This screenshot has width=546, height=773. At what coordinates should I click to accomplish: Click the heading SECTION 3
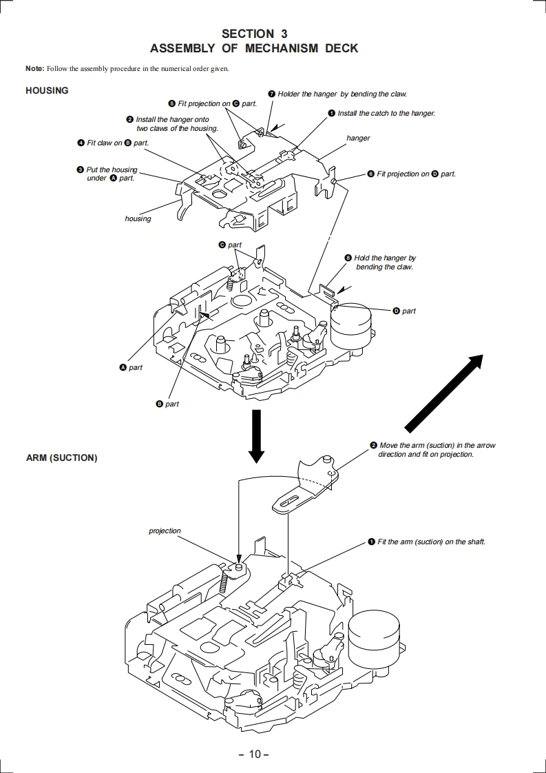click(254, 33)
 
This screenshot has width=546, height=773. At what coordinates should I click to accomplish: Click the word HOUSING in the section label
click(47, 90)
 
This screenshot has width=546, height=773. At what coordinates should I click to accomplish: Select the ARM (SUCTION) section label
click(61, 457)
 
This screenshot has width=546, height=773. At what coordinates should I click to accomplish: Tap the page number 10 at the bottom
click(254, 754)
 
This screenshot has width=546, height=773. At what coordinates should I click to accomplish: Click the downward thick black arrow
click(256, 436)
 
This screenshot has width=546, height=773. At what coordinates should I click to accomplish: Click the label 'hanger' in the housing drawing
click(358, 138)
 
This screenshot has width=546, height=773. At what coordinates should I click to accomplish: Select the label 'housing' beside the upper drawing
click(138, 218)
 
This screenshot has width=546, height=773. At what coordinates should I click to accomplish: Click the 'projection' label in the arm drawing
click(165, 530)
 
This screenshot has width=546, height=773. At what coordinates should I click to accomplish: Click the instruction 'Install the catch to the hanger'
click(386, 113)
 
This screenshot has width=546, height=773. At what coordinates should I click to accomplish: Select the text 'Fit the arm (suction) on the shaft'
click(431, 542)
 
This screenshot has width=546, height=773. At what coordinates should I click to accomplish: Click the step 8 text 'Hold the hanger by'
click(385, 258)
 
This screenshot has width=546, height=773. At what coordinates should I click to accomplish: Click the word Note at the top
click(34, 68)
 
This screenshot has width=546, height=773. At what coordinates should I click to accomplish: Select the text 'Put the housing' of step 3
click(112, 169)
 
